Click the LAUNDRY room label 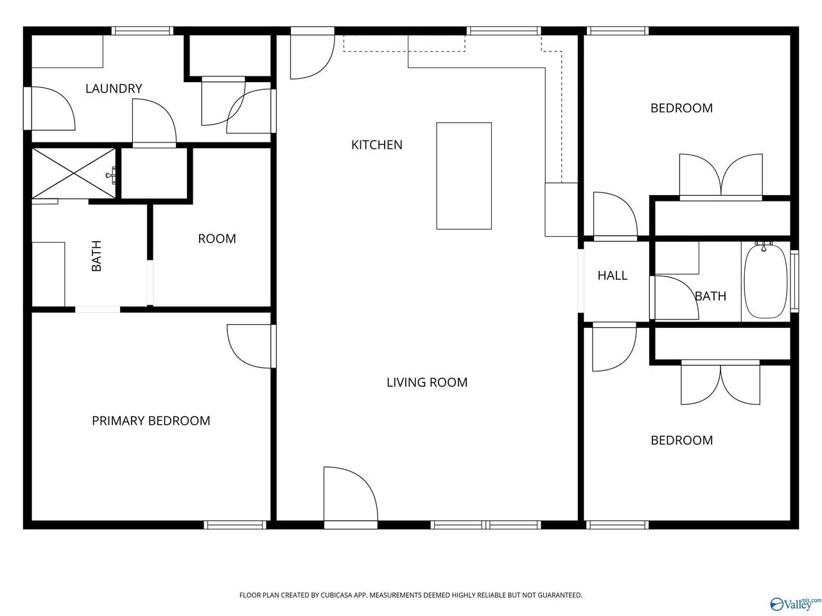[114, 89]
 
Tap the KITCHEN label [376, 145]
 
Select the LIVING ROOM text [427, 382]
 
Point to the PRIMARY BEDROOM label [151, 421]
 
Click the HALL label [612, 276]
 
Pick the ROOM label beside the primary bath [217, 239]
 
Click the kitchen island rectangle [464, 176]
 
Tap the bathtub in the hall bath [765, 281]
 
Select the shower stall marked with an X [74, 173]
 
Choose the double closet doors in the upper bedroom [721, 175]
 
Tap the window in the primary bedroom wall [235, 525]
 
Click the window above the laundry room [143, 31]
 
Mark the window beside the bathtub [794, 281]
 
